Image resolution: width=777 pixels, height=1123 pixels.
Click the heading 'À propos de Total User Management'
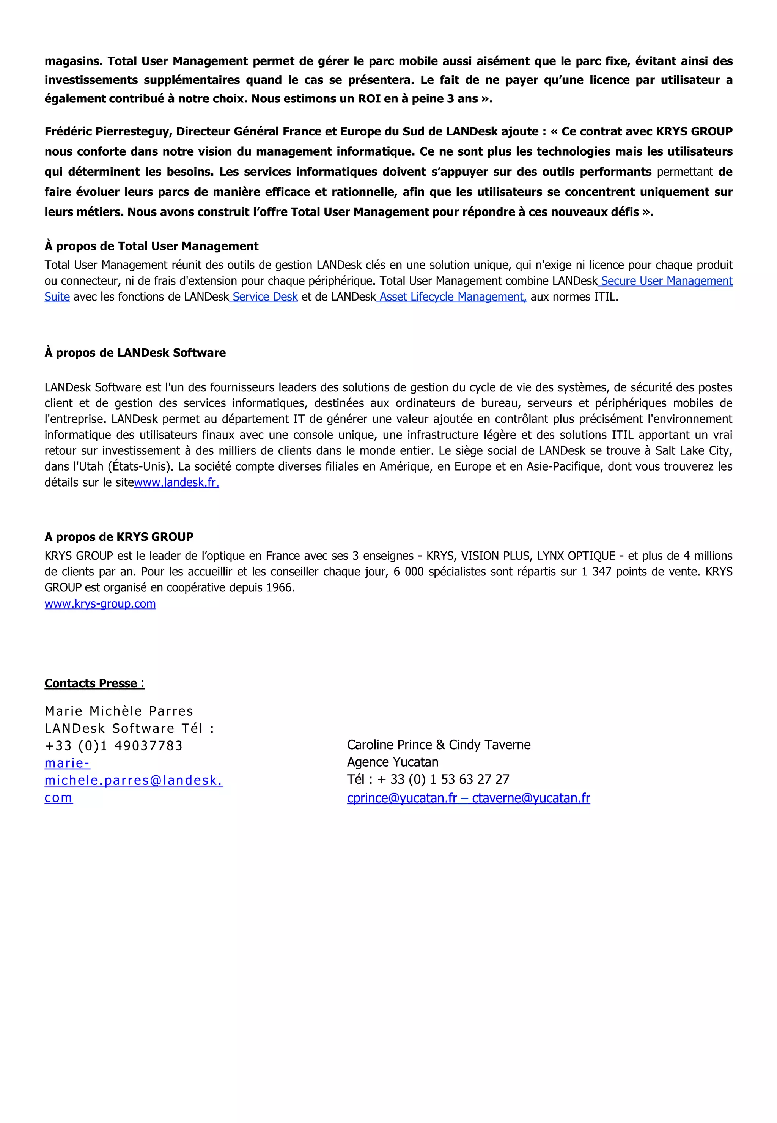pos(151,246)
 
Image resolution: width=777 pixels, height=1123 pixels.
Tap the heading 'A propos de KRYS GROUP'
pos(119,537)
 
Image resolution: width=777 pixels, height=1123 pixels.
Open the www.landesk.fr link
pos(176,483)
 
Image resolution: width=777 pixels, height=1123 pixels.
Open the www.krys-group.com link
pos(100,603)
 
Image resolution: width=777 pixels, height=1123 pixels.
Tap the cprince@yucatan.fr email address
pos(402,798)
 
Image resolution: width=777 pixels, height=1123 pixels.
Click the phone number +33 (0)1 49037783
pos(113,746)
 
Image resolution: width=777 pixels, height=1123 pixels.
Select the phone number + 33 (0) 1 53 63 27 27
pos(443,779)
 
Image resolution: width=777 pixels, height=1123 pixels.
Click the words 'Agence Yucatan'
pos(392,762)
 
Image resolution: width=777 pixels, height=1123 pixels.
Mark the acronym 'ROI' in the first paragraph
pos(370,99)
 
